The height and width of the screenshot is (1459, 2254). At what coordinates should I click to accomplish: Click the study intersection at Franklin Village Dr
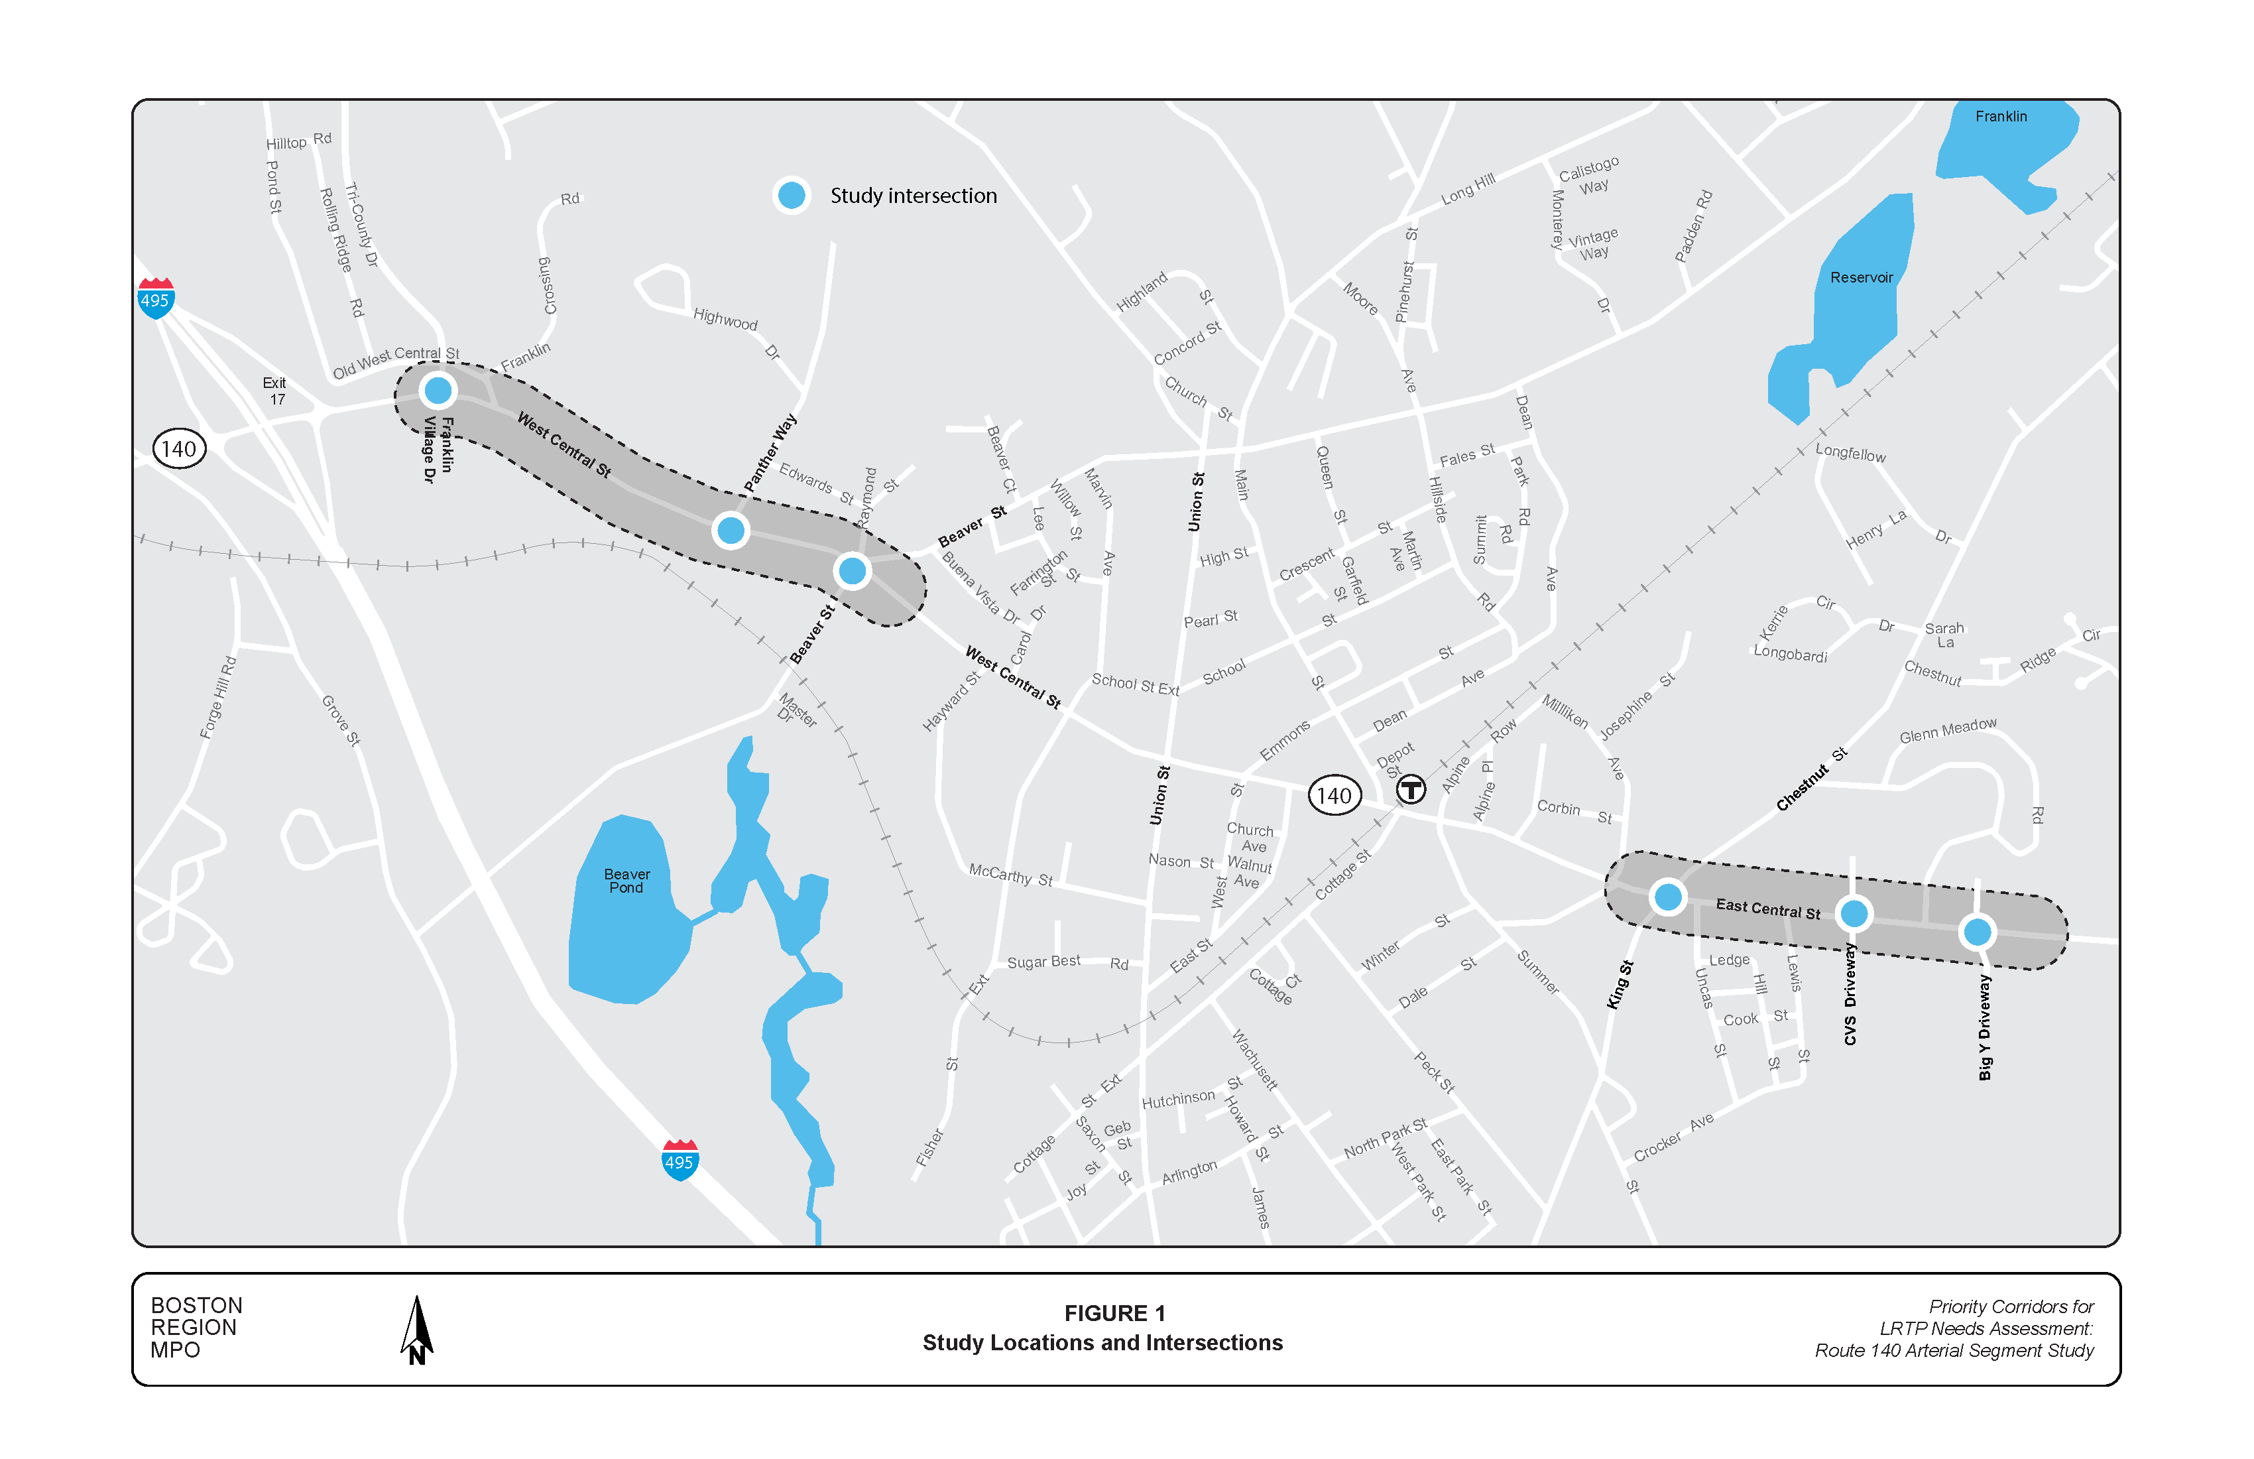(x=438, y=391)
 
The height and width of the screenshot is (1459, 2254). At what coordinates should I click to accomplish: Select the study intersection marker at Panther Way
(x=730, y=530)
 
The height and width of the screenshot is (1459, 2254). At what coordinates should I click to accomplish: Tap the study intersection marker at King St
(x=1668, y=896)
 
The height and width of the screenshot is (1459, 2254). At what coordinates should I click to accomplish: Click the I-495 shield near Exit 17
(x=155, y=298)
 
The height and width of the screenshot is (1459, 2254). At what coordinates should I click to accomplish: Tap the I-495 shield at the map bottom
(x=679, y=1161)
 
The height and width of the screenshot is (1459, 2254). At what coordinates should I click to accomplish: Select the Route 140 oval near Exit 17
(x=179, y=449)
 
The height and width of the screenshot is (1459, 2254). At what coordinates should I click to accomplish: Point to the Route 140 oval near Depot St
(x=1333, y=796)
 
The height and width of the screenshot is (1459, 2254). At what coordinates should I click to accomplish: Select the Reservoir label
(x=1861, y=278)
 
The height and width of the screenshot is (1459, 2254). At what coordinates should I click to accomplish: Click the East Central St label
(x=1768, y=909)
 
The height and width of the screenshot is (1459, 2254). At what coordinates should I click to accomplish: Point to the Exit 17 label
(x=274, y=391)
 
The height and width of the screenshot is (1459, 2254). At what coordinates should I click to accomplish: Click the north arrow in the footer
(x=417, y=1330)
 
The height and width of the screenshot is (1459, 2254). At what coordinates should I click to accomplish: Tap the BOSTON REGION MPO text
(x=196, y=1327)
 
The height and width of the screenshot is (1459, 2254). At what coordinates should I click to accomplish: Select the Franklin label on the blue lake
(x=2000, y=117)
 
